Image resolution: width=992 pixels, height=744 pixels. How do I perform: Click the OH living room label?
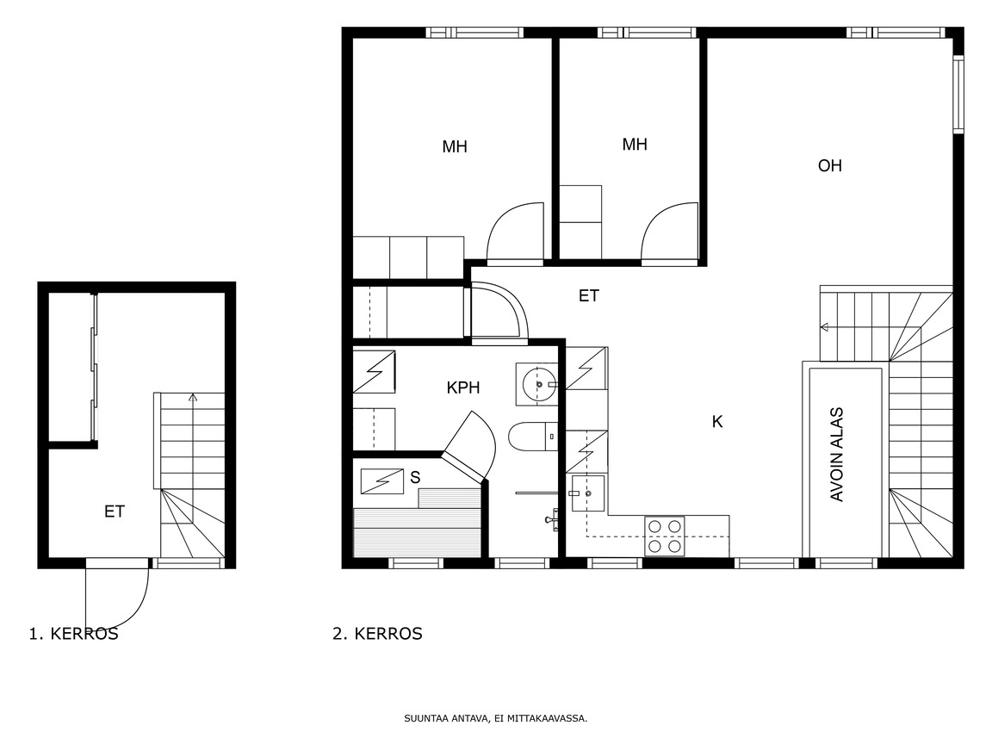(829, 165)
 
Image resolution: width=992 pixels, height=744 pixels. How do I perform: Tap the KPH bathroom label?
(463, 387)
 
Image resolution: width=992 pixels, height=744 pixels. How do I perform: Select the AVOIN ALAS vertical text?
(836, 455)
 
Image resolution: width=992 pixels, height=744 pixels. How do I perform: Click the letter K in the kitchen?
(717, 422)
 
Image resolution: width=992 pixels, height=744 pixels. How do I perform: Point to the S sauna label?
(415, 478)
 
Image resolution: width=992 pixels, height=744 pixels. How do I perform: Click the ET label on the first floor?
(115, 512)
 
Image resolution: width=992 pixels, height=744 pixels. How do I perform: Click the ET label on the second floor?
(588, 295)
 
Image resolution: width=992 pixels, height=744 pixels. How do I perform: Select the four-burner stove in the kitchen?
(664, 536)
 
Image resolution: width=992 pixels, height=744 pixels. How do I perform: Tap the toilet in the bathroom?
(533, 437)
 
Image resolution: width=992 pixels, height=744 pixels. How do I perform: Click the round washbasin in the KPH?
(536, 384)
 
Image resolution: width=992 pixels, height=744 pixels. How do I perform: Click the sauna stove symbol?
(382, 481)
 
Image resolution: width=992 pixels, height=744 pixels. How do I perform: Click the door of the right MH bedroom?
(669, 232)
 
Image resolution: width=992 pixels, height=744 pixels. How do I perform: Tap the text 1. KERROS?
(73, 634)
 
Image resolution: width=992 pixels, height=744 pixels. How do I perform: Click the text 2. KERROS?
(378, 634)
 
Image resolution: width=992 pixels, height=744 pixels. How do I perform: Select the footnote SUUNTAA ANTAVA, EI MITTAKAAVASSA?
(496, 719)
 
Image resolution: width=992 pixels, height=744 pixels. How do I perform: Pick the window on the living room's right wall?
(958, 95)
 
